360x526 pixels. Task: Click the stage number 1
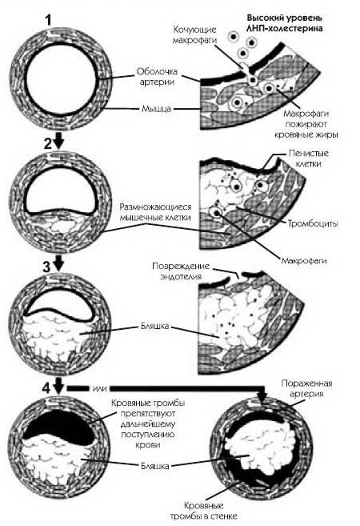pos(49,21)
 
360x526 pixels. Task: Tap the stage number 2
pos(49,143)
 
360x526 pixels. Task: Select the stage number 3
pos(46,267)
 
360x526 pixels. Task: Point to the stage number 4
pos(46,388)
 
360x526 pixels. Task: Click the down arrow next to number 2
pos(59,141)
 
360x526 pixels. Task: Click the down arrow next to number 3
pos(59,263)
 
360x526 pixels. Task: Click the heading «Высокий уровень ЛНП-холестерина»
pos(285,22)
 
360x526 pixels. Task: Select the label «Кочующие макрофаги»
pos(194,34)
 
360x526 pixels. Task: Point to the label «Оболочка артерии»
pos(157,77)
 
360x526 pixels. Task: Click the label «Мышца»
pos(157,109)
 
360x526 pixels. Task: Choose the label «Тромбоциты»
pos(313,223)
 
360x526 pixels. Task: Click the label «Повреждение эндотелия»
pos(181,271)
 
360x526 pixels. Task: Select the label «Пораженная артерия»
pos(306,388)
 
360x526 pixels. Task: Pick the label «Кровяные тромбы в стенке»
pos(203,511)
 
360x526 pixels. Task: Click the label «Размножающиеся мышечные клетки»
pos(155,212)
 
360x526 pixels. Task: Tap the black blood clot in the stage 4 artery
pos(60,423)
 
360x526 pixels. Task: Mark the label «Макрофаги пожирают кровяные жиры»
pos(306,124)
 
